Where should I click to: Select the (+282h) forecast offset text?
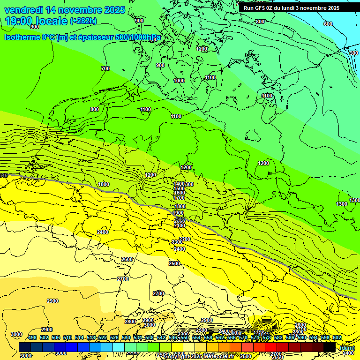pyautogui.click(x=83, y=21)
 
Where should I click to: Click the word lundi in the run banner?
pyautogui.click(x=296, y=8)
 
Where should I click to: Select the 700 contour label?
pyautogui.click(x=105, y=69)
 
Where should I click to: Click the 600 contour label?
pyautogui.click(x=328, y=24)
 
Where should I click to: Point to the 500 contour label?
pyautogui.click(x=354, y=53)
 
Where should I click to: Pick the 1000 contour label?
pyautogui.click(x=179, y=81)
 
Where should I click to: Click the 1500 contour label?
pyautogui.click(x=179, y=188)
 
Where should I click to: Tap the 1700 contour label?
pyautogui.click(x=179, y=198)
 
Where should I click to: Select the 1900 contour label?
pyautogui.click(x=178, y=213)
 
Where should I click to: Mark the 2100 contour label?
pyautogui.click(x=180, y=225)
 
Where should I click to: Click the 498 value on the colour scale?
pyautogui.click(x=32, y=338)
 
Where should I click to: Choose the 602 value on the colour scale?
pyautogui.click(x=337, y=338)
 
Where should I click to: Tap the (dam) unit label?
pyautogui.click(x=347, y=348)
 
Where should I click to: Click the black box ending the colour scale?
pyautogui.click(x=330, y=347)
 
